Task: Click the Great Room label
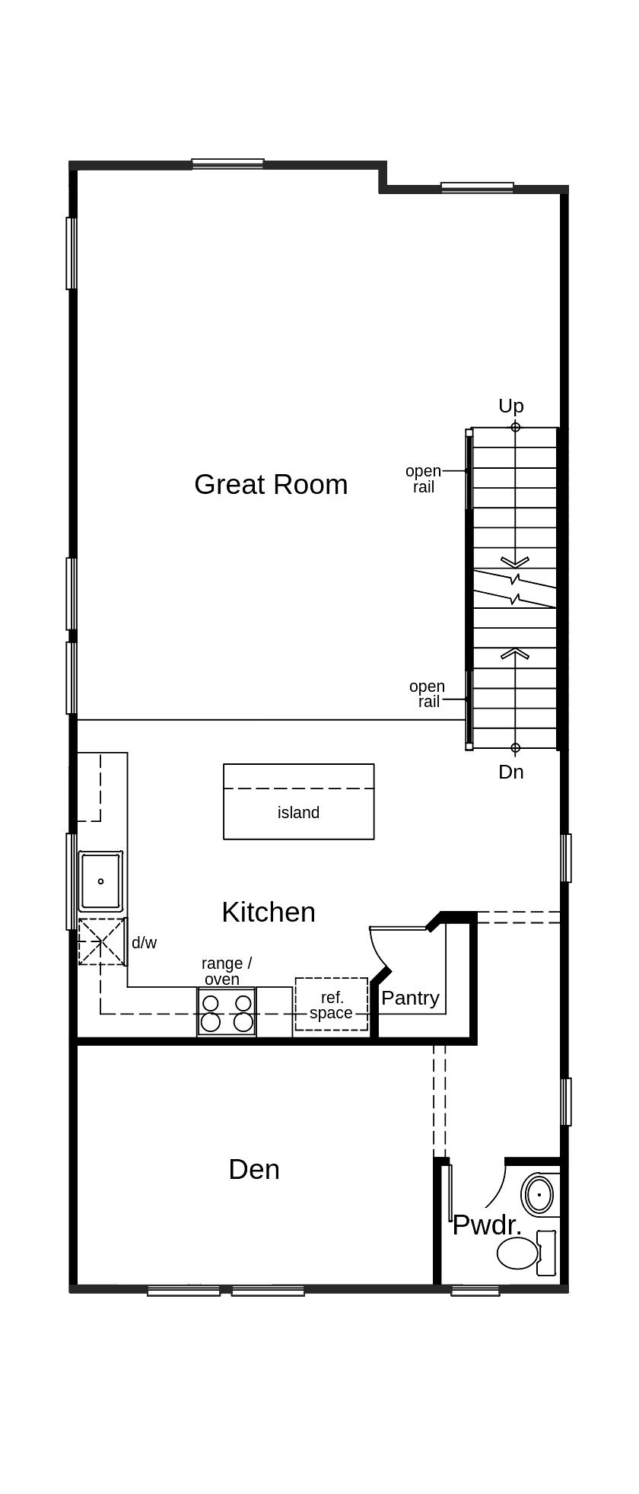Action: [x=271, y=485]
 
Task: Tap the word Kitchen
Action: [x=269, y=912]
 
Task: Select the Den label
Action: [x=254, y=1169]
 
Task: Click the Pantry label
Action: [x=410, y=998]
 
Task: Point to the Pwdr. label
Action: [x=487, y=1225]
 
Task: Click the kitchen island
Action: [x=298, y=801]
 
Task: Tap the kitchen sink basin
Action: [x=100, y=881]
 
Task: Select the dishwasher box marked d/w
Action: [x=102, y=941]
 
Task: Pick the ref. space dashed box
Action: [x=331, y=1005]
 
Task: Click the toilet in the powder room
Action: [x=525, y=1253]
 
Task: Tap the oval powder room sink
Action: [x=539, y=1195]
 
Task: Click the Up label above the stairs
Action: [x=510, y=406]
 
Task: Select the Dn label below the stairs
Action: [x=510, y=772]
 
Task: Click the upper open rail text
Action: [x=423, y=479]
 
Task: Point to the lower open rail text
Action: [x=427, y=693]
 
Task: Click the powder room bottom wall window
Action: [x=475, y=1290]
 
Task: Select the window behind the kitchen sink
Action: [x=70, y=881]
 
